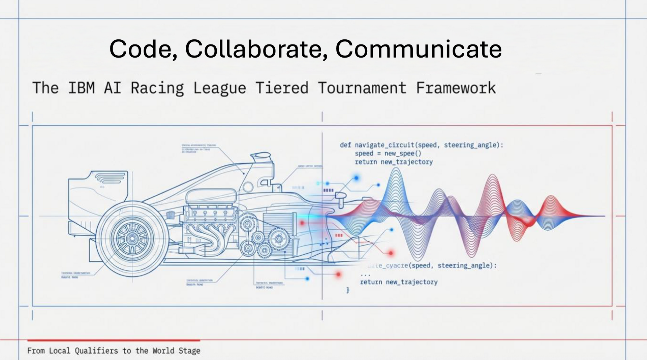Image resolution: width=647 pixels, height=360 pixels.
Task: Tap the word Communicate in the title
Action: click(x=418, y=49)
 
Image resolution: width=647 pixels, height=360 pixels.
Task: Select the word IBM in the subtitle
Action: click(x=81, y=88)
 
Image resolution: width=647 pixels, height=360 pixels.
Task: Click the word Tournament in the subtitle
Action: click(x=362, y=88)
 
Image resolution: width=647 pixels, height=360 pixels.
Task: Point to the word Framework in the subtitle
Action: click(x=456, y=88)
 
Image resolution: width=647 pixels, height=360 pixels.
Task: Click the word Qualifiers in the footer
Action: click(x=96, y=351)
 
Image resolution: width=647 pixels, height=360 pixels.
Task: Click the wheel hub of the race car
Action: click(x=132, y=239)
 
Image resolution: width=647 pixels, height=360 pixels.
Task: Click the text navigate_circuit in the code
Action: click(x=384, y=145)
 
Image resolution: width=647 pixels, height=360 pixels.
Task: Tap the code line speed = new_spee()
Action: click(x=388, y=154)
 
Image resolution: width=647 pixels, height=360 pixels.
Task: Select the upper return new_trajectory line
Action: click(x=394, y=162)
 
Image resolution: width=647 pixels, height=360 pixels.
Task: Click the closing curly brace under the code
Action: click(x=348, y=290)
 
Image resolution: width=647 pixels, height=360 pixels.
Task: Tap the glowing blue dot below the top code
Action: click(x=356, y=178)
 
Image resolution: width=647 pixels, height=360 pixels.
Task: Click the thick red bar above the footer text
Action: click(x=114, y=340)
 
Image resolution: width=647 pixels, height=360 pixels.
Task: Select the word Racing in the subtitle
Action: click(x=157, y=88)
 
